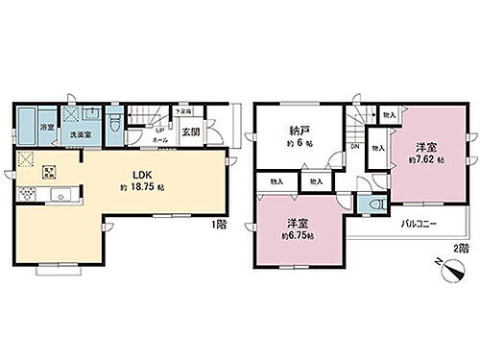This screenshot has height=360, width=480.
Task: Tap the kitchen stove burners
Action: pyautogui.click(x=29, y=196)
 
